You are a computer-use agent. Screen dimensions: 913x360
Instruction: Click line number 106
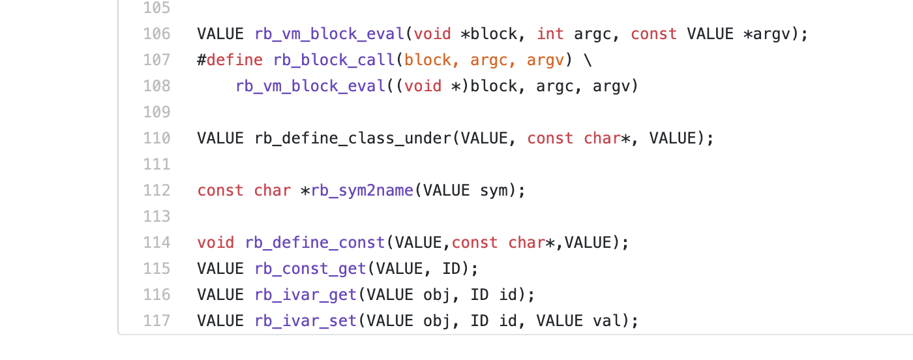pos(157,34)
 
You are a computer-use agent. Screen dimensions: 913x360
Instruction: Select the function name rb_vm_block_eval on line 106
pos(329,34)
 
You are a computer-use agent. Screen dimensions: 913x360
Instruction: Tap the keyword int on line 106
pos(550,34)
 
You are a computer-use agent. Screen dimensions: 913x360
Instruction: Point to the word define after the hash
pos(235,60)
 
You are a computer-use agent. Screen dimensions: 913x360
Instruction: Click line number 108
pos(157,86)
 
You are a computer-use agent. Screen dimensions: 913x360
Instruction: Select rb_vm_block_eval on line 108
pos(310,86)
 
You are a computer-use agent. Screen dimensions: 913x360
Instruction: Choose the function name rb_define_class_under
pos(353,138)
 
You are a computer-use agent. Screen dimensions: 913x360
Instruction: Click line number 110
pos(157,138)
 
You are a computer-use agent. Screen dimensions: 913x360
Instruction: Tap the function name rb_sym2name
pos(363,190)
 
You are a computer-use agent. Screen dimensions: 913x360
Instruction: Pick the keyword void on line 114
pos(216,243)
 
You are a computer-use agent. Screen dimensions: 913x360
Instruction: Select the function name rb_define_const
pos(315,243)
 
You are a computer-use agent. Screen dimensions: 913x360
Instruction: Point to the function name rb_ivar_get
pos(306,295)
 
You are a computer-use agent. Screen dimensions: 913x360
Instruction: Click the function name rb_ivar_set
pos(306,321)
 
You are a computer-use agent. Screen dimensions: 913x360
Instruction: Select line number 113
pos(157,217)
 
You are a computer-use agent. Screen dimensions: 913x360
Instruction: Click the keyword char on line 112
pos(272,190)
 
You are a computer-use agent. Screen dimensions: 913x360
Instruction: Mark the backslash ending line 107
pos(588,60)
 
